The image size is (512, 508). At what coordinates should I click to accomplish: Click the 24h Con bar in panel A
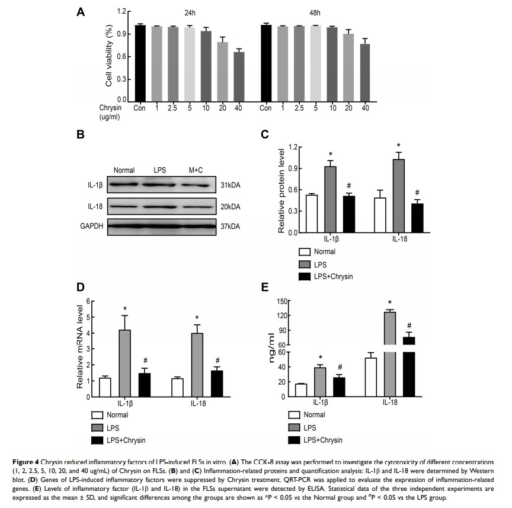point(140,63)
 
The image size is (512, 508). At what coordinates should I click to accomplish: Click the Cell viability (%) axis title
point(109,56)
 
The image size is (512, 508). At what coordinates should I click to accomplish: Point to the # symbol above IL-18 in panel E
point(409,325)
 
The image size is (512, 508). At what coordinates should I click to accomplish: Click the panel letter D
point(81,288)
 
